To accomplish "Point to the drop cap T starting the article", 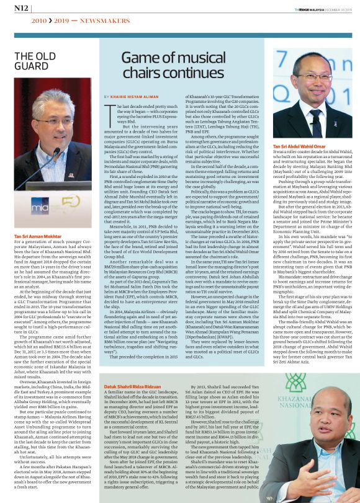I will coord(110,110).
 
